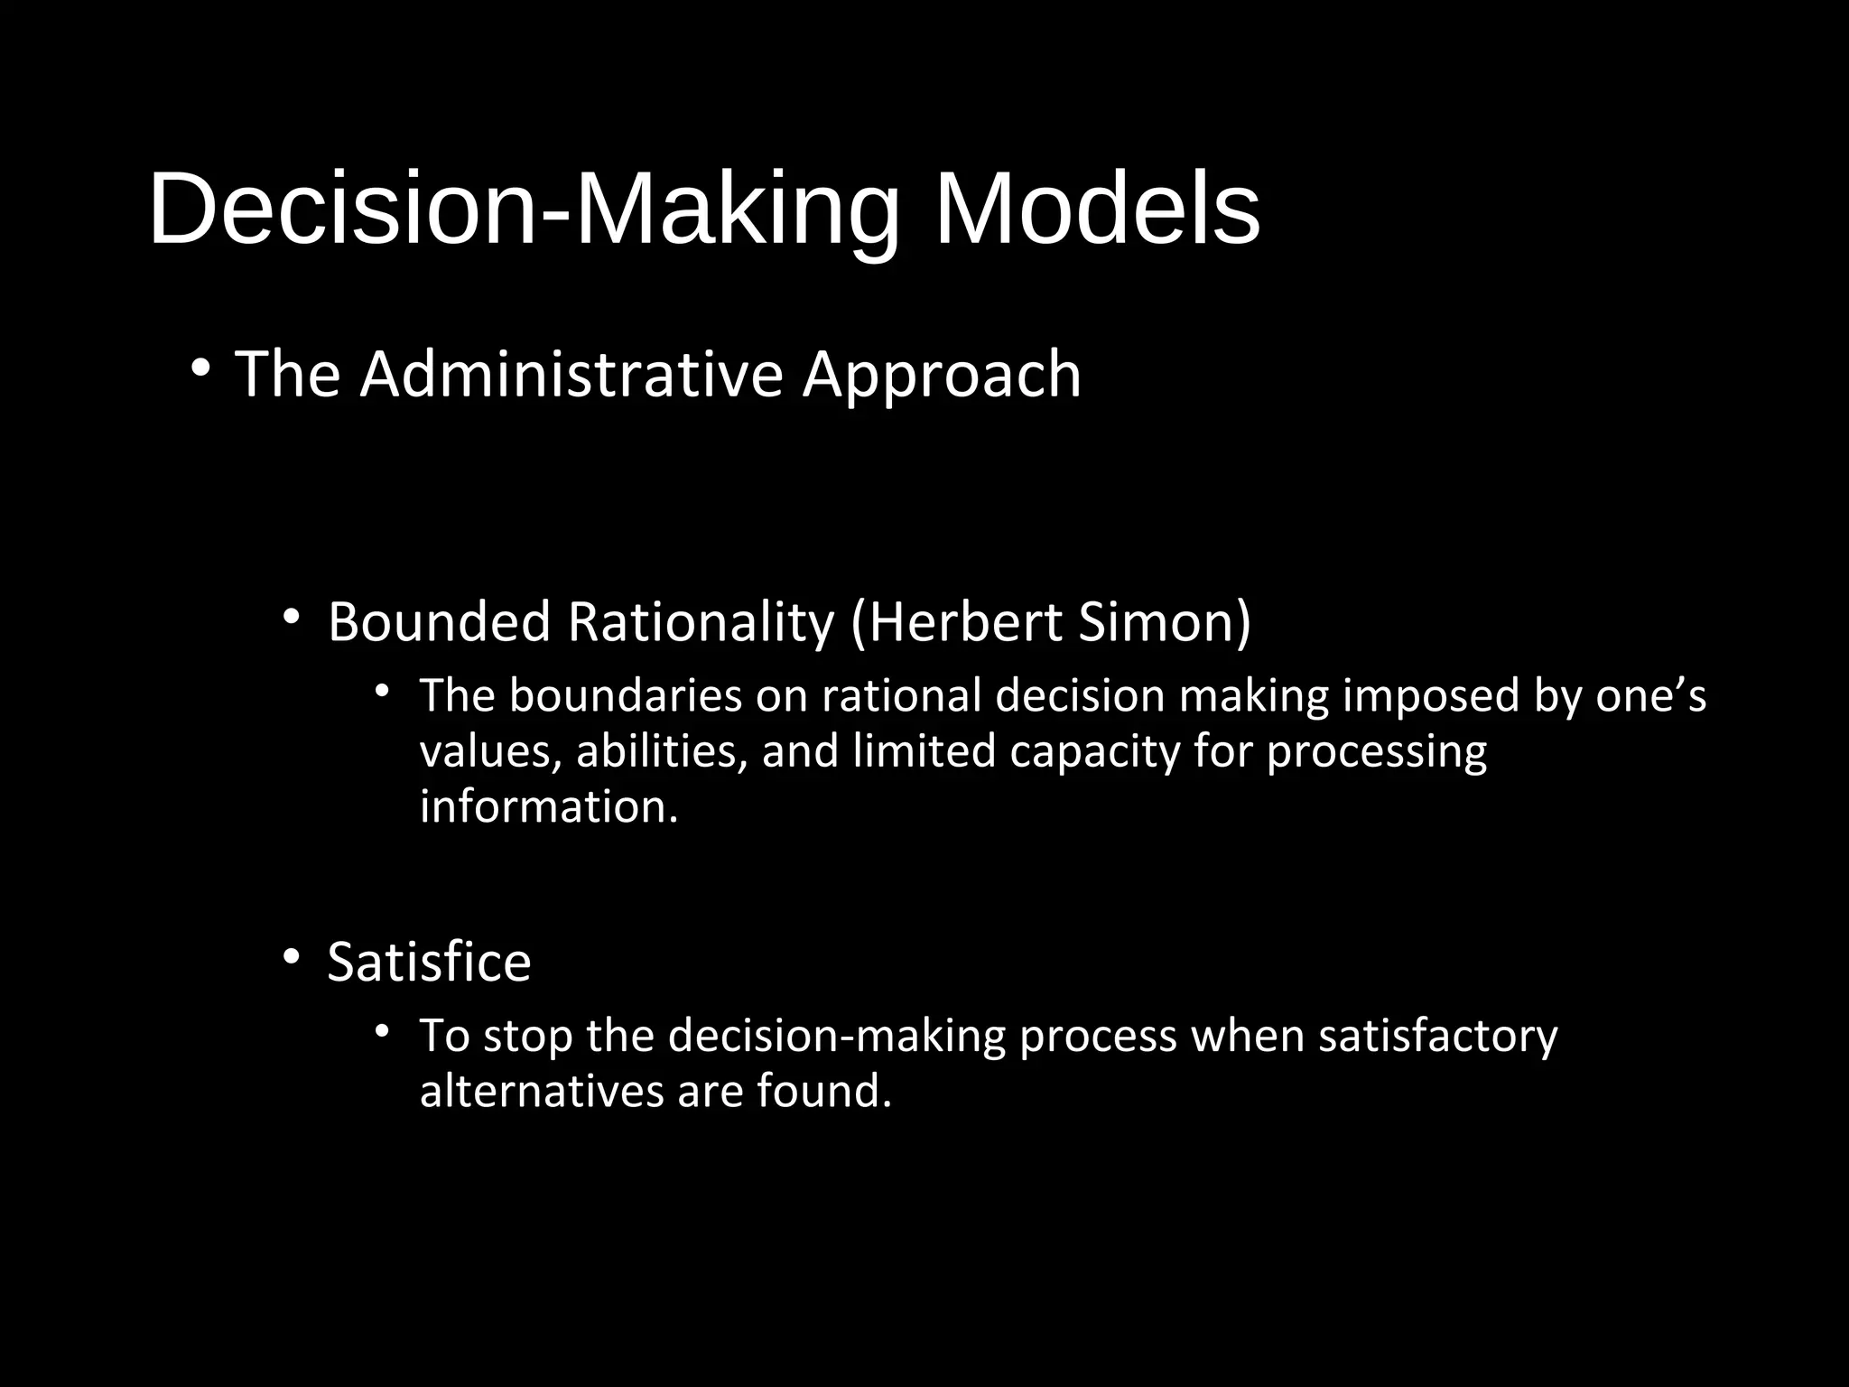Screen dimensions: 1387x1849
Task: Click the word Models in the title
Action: (x=1096, y=211)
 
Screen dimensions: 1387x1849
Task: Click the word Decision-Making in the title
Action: (x=524, y=211)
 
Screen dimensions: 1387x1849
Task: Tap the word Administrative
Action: (x=571, y=375)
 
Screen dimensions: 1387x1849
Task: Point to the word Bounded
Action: (x=439, y=622)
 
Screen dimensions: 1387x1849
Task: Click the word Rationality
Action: (x=701, y=624)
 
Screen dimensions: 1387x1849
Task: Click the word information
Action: (x=549, y=806)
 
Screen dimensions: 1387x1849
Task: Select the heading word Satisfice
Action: (x=429, y=963)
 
